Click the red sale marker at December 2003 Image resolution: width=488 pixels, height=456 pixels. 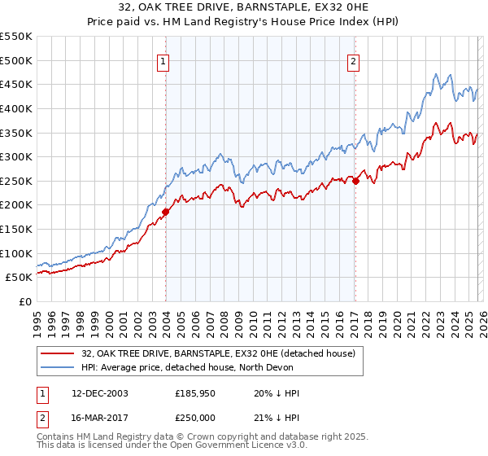(165, 212)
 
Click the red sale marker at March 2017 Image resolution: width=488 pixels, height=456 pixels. (355, 181)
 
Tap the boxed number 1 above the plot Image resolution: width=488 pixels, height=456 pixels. (164, 60)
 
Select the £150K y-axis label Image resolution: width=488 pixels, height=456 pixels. (16, 229)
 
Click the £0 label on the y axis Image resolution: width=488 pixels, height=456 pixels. (24, 301)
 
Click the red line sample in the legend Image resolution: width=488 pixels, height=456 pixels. (59, 353)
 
